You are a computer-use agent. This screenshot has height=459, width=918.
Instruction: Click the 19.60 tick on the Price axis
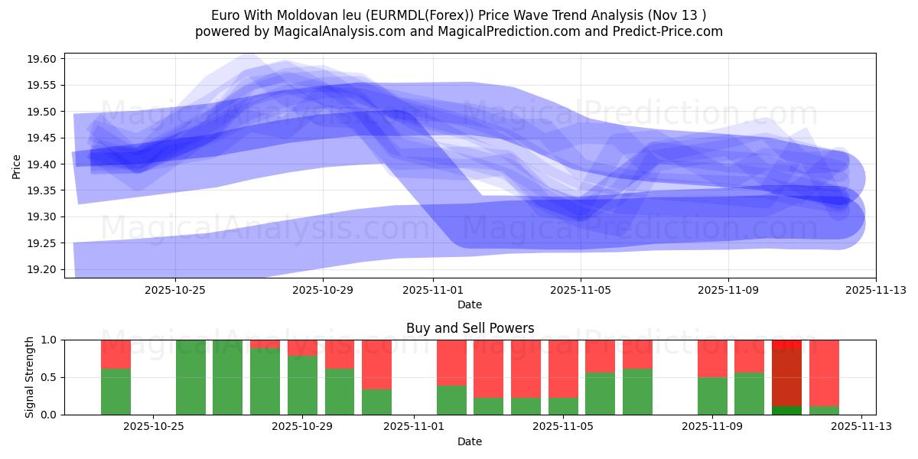tap(44, 59)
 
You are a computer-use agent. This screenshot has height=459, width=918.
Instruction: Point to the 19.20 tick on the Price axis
tap(44, 269)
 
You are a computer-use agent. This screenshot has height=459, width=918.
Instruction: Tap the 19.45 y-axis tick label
tap(44, 138)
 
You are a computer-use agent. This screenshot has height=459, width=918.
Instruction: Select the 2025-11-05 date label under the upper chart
tap(580, 290)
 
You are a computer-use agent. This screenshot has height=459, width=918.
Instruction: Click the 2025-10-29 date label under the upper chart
tap(322, 290)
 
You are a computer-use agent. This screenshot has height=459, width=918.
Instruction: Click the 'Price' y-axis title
tap(17, 165)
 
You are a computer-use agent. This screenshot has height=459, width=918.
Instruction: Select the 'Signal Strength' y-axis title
tap(29, 377)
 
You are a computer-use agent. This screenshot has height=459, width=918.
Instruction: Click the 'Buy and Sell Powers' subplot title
tap(470, 329)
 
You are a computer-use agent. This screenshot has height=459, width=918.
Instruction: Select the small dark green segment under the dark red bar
tap(786, 410)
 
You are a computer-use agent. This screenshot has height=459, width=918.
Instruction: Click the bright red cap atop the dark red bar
tap(786, 344)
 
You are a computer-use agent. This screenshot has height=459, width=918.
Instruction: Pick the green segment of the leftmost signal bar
tap(116, 392)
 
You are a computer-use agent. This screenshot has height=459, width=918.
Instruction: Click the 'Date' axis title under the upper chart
tap(470, 304)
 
